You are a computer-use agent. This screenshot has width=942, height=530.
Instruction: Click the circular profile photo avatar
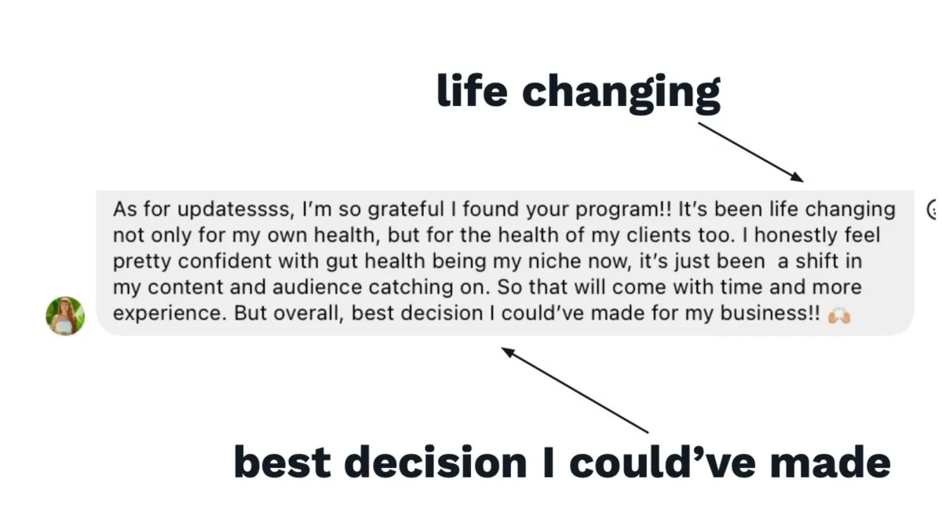click(65, 316)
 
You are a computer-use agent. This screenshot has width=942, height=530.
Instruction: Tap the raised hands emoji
click(839, 315)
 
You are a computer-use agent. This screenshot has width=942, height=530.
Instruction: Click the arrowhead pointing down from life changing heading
click(796, 177)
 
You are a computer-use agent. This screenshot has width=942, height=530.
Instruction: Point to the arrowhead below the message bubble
click(508, 352)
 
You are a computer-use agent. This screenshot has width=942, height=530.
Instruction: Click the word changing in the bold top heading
click(621, 93)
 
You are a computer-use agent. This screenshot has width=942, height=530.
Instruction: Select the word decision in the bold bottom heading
click(435, 462)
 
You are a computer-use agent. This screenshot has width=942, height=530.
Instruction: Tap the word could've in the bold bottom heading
click(662, 462)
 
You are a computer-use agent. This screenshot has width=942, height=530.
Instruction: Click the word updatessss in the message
click(235, 210)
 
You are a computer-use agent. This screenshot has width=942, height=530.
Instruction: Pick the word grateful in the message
click(406, 210)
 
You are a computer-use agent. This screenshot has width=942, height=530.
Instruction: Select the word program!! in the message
click(623, 210)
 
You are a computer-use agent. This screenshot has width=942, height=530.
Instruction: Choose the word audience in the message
click(317, 287)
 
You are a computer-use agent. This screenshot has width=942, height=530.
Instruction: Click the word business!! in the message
click(769, 313)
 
